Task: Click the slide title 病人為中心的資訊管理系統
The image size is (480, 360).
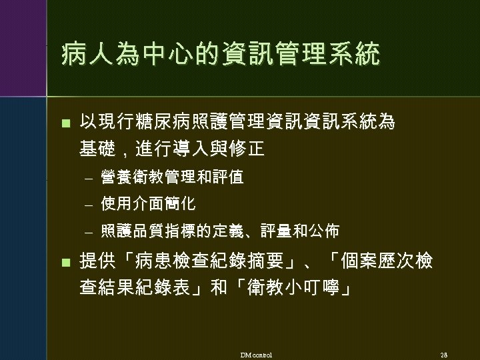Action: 220,55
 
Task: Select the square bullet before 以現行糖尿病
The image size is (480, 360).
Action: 65,123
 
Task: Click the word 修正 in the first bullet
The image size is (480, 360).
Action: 247,148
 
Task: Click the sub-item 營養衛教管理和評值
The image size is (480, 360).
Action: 172,177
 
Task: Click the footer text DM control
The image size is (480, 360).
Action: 256,354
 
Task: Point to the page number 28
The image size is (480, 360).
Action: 444,354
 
